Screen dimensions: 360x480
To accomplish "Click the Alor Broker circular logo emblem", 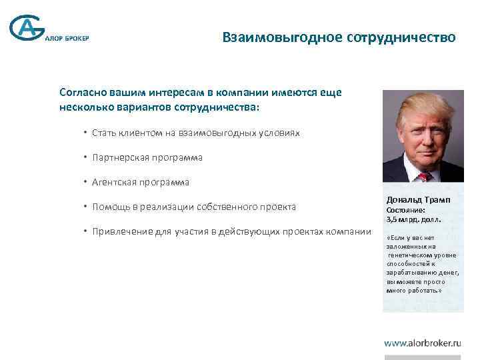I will click(x=27, y=29).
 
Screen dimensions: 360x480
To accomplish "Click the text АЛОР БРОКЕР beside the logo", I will click(x=66, y=38).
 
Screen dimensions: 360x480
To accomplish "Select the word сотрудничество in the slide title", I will click(x=401, y=37).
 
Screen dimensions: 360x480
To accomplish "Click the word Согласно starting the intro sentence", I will click(x=81, y=93).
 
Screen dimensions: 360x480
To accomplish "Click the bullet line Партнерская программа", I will click(x=147, y=158).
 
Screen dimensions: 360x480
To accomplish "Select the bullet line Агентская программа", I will click(x=141, y=182).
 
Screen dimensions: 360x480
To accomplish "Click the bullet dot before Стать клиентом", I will click(x=86, y=133).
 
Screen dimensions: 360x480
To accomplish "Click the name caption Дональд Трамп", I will click(x=418, y=200).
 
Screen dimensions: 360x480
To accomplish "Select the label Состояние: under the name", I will click(x=406, y=210).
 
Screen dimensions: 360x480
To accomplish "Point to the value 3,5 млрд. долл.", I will click(x=413, y=219).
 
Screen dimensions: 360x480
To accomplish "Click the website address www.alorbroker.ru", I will click(x=423, y=343).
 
